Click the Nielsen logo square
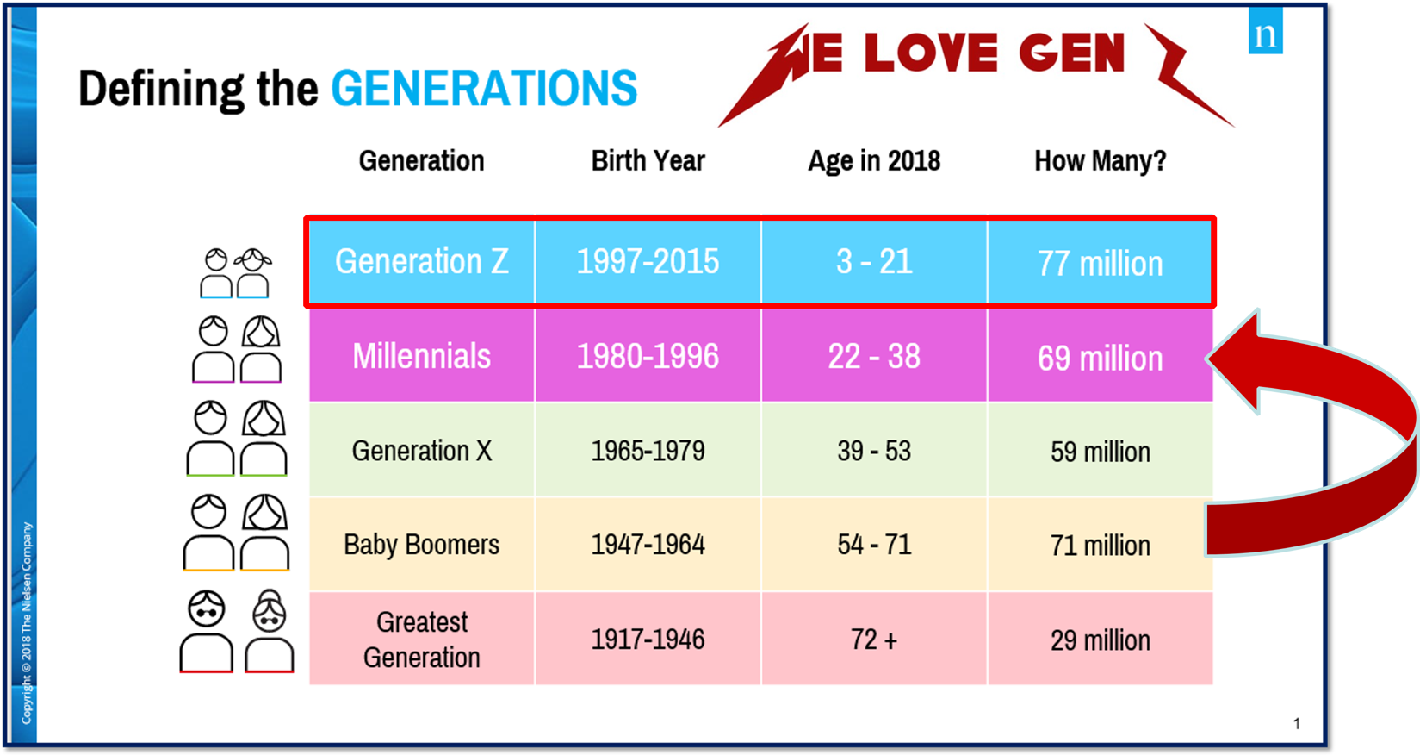(1265, 30)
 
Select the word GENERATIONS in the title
(484, 88)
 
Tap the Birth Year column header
(648, 160)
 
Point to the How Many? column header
(1100, 160)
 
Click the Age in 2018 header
(873, 161)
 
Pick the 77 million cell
(1100, 263)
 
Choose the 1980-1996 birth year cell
(648, 356)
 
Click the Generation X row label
(422, 451)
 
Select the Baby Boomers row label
(422, 545)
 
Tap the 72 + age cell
(873, 639)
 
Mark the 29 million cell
(1100, 640)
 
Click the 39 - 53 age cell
(873, 451)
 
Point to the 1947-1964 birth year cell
(648, 545)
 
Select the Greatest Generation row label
(422, 639)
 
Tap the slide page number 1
(1297, 723)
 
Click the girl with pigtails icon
(253, 273)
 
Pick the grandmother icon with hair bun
(270, 630)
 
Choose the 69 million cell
(1100, 356)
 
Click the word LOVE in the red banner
(931, 52)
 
